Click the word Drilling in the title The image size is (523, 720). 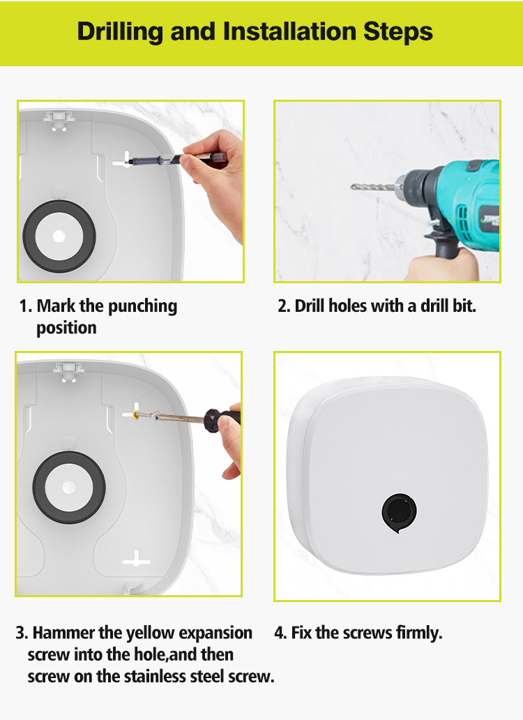click(120, 32)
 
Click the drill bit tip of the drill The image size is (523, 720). click(352, 186)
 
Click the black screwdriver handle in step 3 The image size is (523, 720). click(222, 420)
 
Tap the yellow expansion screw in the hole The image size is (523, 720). click(136, 415)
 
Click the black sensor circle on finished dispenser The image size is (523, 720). click(399, 513)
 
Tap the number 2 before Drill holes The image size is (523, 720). click(282, 306)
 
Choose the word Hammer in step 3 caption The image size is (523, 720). click(62, 633)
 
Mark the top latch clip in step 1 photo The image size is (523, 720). click(59, 120)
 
